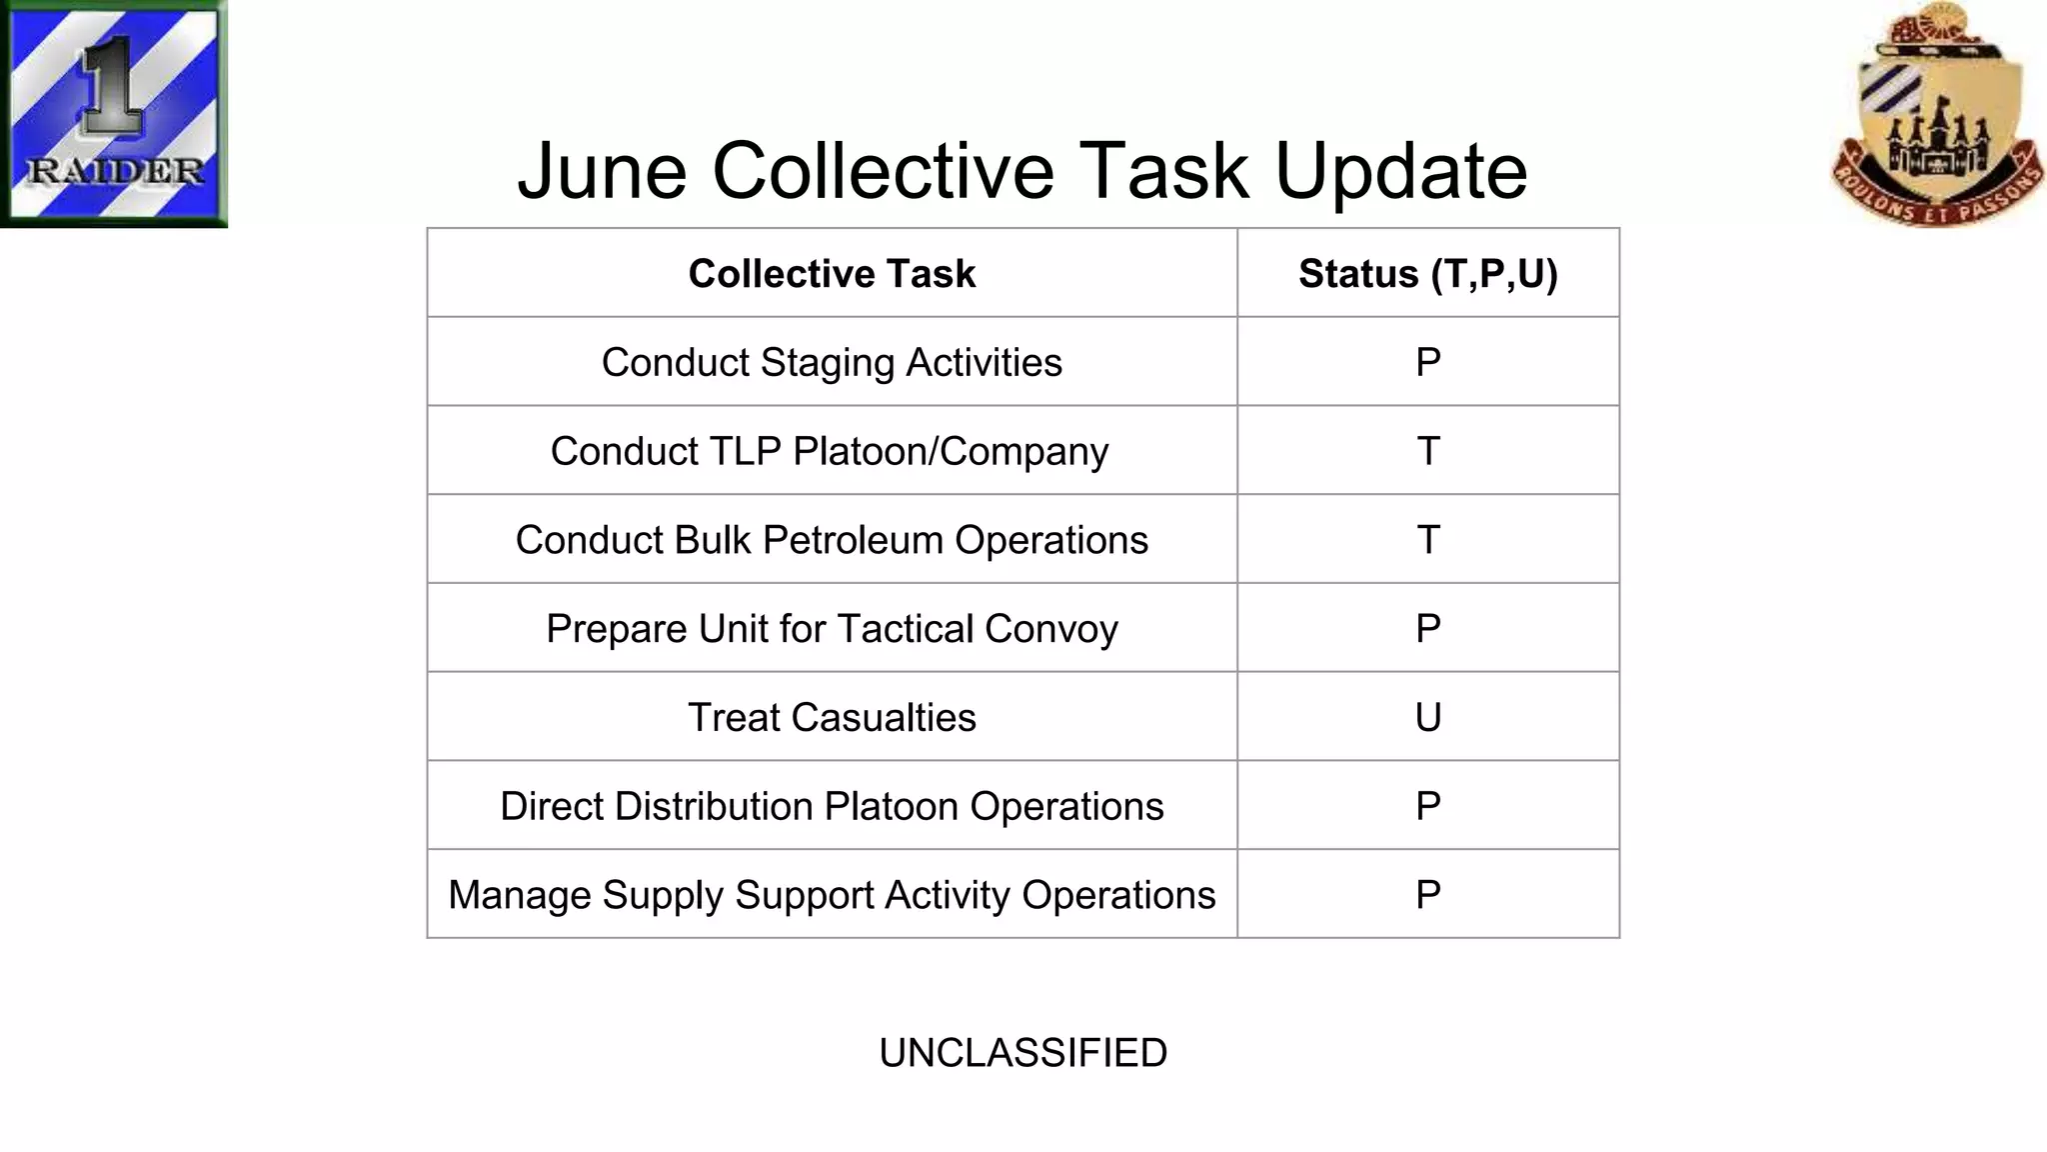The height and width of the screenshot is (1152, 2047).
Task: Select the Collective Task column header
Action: tap(832, 273)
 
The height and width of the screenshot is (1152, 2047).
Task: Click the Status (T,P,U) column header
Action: tap(1427, 273)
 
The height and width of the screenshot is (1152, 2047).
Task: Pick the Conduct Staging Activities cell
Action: tap(832, 362)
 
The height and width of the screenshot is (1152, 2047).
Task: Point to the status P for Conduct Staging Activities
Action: tap(1427, 362)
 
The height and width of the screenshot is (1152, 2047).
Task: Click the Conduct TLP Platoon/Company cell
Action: tap(830, 451)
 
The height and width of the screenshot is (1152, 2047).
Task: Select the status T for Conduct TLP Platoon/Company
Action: tap(1427, 451)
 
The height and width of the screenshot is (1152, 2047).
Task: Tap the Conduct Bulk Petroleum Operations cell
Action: tap(832, 540)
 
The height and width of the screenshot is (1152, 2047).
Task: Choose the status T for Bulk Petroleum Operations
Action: tap(1427, 540)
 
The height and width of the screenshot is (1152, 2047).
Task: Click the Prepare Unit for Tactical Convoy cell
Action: tap(832, 629)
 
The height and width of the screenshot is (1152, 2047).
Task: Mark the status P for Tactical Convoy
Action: tap(1427, 629)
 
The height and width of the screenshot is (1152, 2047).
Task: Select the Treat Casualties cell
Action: tap(832, 717)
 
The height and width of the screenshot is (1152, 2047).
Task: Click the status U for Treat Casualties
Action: tap(1427, 717)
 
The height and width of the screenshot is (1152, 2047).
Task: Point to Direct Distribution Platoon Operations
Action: tap(832, 806)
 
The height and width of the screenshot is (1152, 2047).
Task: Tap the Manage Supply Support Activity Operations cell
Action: tap(832, 895)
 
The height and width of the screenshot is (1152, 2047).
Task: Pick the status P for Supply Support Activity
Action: tap(1427, 895)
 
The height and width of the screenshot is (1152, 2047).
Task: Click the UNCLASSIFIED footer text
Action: tap(1023, 1053)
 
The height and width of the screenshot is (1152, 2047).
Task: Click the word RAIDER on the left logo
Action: tap(115, 171)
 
